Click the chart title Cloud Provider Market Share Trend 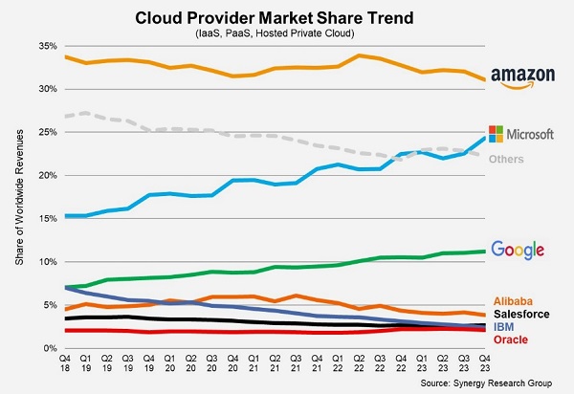(279, 18)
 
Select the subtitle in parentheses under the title (279, 34)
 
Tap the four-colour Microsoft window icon (496, 133)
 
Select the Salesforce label (521, 315)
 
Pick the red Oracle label (509, 339)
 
